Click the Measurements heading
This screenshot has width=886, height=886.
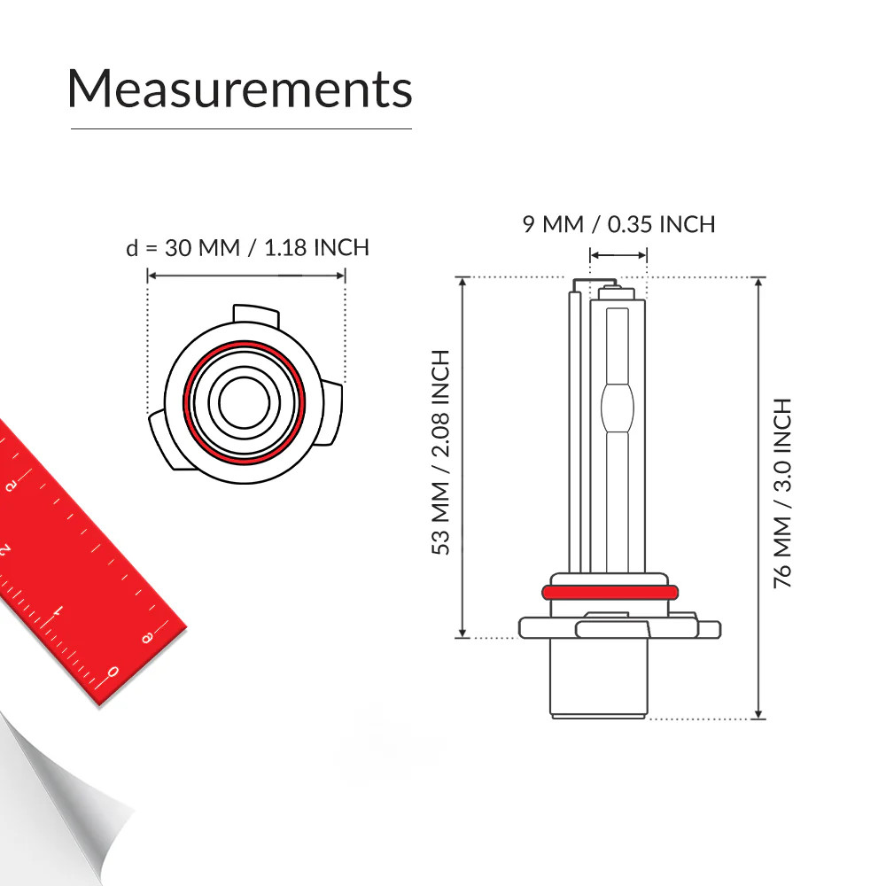[240, 89]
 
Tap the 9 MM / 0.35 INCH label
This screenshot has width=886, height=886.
[618, 224]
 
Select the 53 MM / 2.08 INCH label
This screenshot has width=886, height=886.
[440, 452]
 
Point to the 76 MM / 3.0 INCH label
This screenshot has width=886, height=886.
[782, 494]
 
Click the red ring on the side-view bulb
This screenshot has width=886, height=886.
[610, 592]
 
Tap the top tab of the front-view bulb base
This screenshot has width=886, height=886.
[256, 316]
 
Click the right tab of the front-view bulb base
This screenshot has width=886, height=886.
[333, 414]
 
